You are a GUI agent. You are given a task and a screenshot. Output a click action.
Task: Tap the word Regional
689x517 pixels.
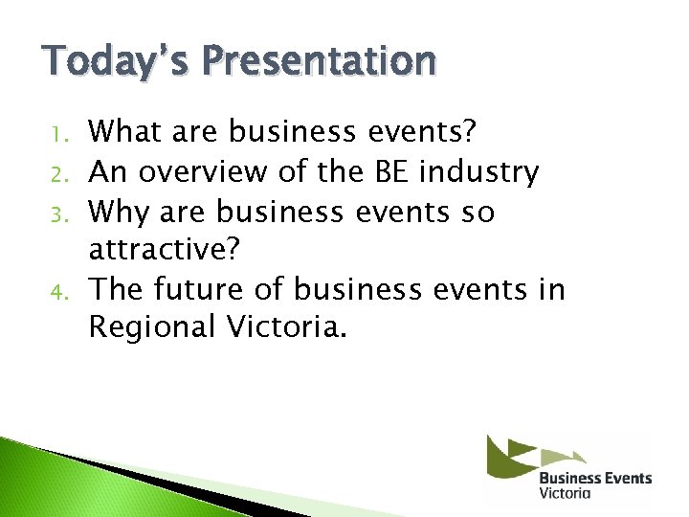point(152,327)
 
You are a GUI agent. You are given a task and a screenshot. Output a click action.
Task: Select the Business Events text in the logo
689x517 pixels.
point(594,478)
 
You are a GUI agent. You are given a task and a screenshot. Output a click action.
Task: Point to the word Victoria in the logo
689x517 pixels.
point(565,493)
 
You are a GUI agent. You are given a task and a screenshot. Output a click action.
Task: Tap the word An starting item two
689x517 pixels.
point(107,172)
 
